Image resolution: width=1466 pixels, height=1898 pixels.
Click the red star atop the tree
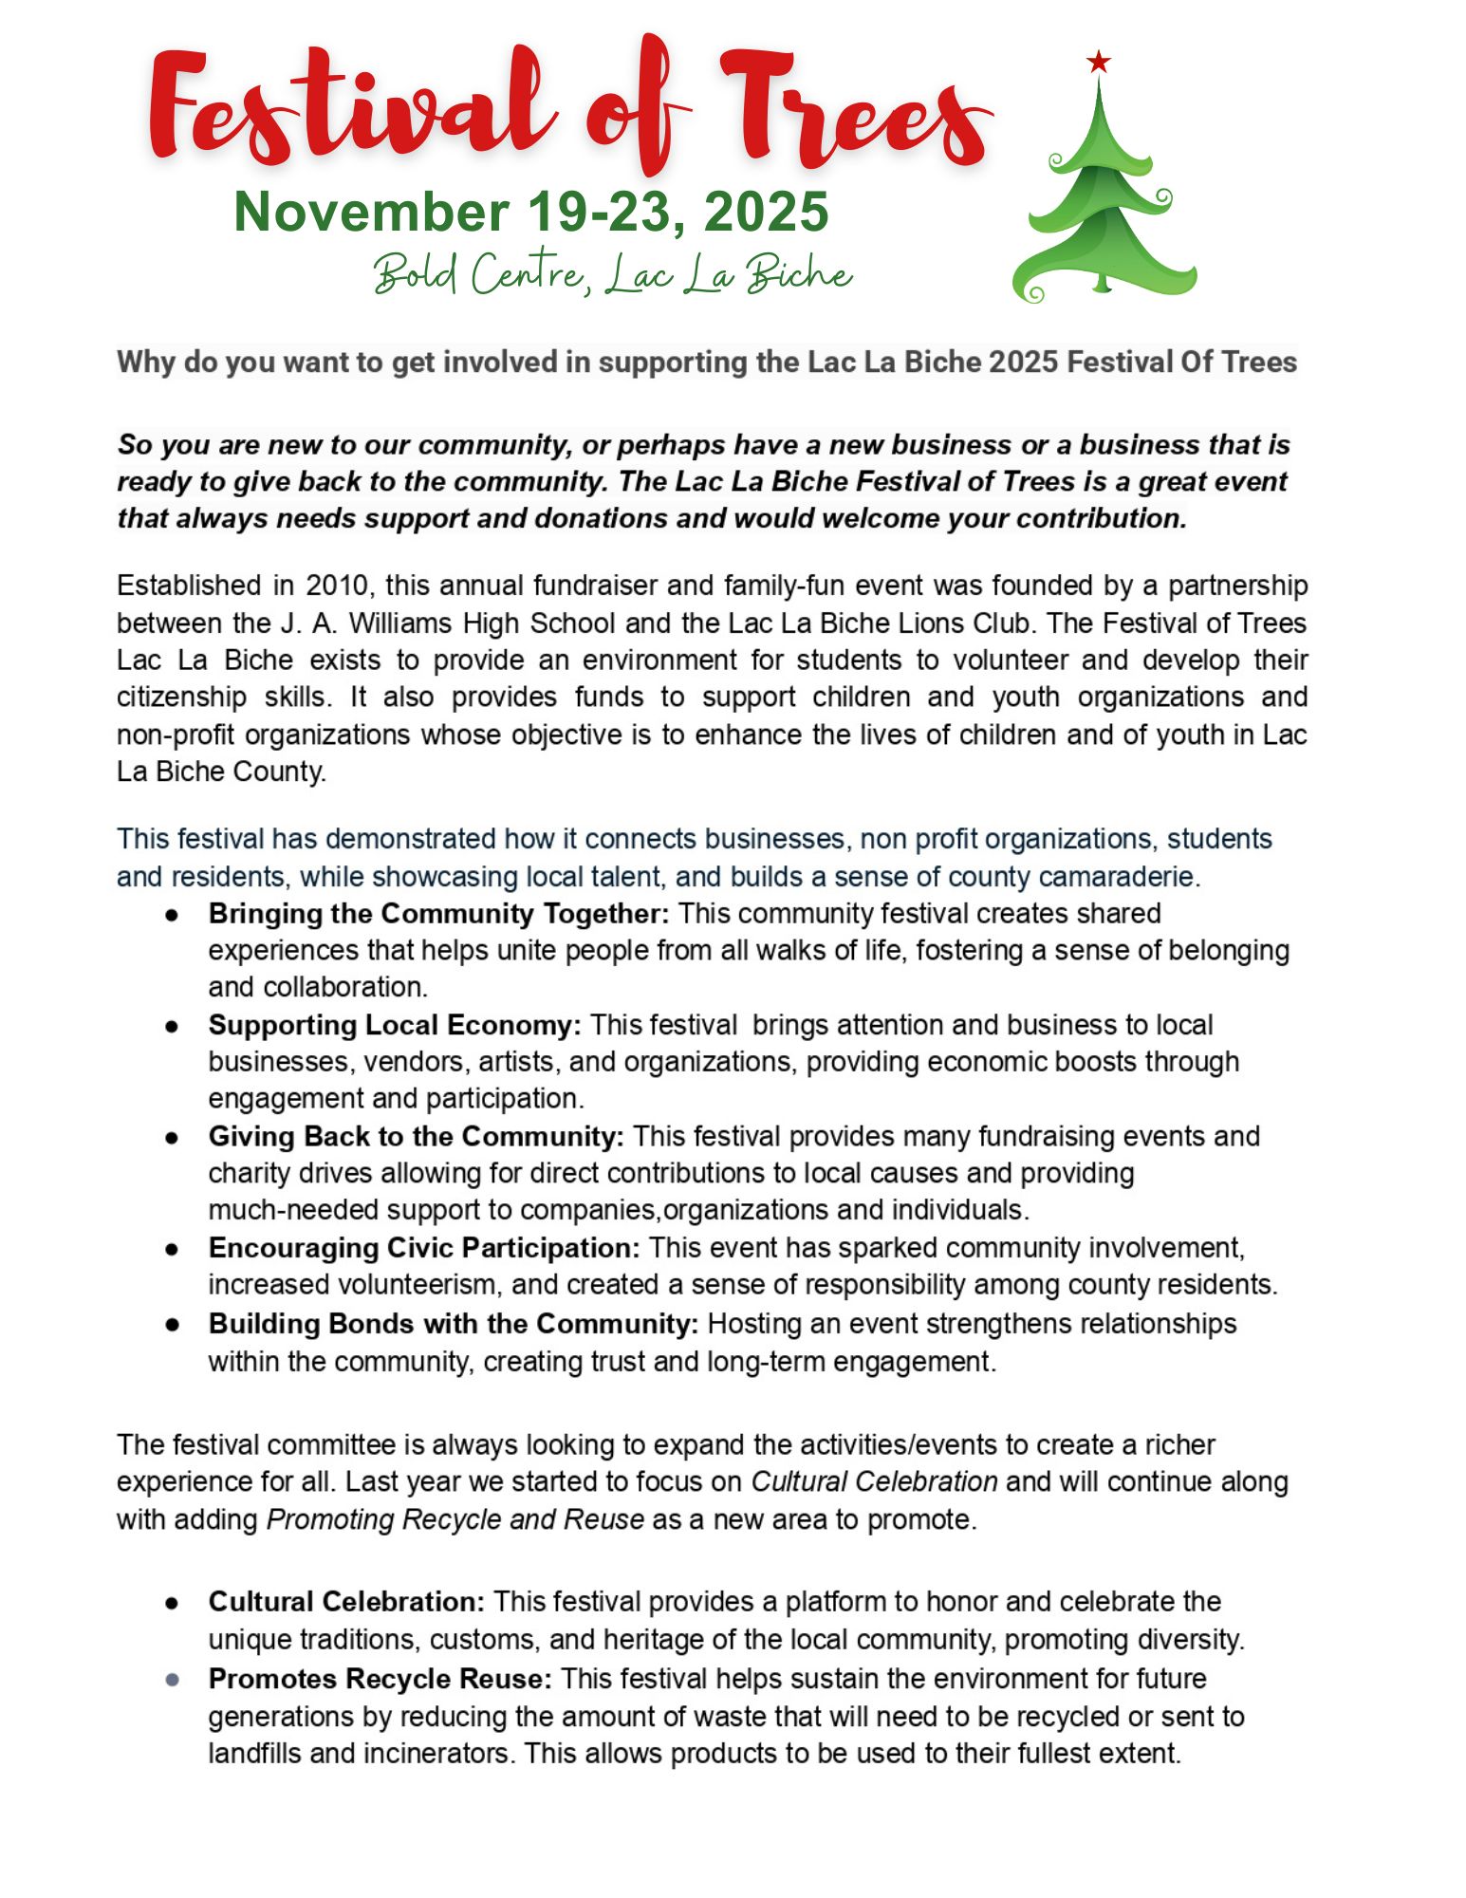pyautogui.click(x=1098, y=63)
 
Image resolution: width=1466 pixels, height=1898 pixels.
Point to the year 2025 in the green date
pyautogui.click(x=766, y=212)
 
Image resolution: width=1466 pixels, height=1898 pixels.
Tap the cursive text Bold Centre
pyautogui.click(x=478, y=274)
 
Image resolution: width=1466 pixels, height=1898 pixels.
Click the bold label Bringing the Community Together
pyautogui.click(x=438, y=914)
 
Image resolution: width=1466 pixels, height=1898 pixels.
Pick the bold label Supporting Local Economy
pyautogui.click(x=395, y=1026)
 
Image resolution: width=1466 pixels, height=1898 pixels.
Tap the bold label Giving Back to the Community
pyautogui.click(x=416, y=1137)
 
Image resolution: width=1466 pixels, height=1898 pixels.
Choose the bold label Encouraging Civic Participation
pyautogui.click(x=424, y=1248)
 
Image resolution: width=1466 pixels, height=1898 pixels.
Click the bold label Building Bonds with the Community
pyautogui.click(x=453, y=1324)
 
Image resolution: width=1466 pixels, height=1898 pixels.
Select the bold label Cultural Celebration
pyautogui.click(x=346, y=1602)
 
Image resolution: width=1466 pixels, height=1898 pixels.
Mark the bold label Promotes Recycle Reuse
pyautogui.click(x=380, y=1679)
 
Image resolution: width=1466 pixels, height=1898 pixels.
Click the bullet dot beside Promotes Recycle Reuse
pyautogui.click(x=172, y=1680)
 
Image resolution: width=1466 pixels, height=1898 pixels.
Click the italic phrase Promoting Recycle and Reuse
pyautogui.click(x=455, y=1519)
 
